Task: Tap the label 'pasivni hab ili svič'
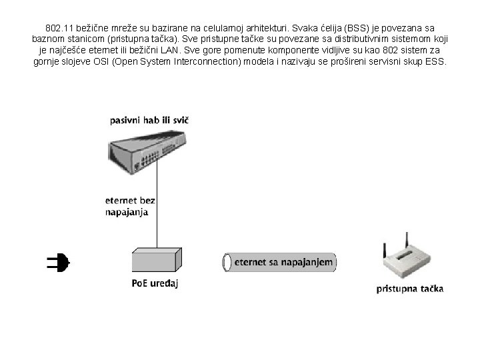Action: [x=149, y=121]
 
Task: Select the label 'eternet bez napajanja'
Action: [x=130, y=205]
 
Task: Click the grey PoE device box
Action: [x=157, y=261]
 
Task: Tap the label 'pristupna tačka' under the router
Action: [x=410, y=289]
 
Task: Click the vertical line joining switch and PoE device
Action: [x=157, y=207]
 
